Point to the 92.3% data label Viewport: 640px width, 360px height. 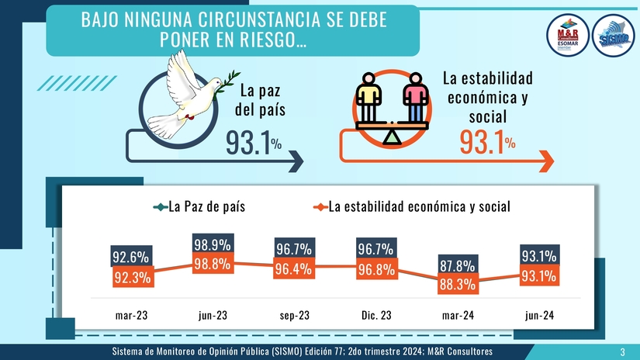[131, 277]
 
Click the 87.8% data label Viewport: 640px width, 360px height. [457, 265]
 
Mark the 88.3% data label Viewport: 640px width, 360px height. [457, 284]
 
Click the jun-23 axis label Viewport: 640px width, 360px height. [213, 316]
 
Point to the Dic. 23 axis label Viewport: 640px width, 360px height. [375, 316]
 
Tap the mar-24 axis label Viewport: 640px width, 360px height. [457, 316]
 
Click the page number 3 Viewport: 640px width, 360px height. [622, 352]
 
